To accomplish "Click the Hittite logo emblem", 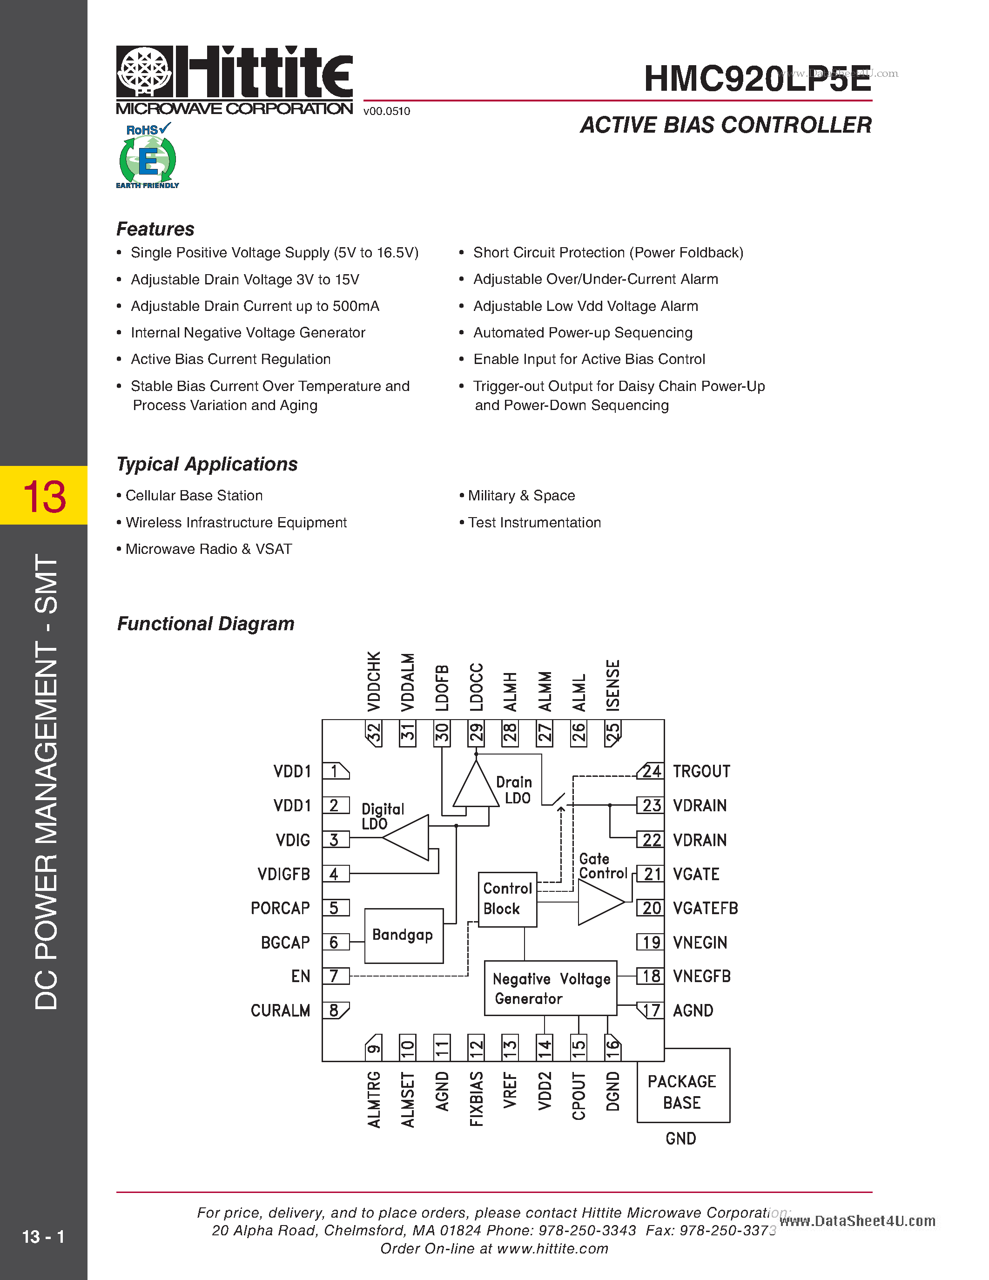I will click(x=144, y=72).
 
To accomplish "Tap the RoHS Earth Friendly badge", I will click(x=148, y=156).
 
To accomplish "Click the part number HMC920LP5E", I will click(x=757, y=79).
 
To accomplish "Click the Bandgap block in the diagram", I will click(x=403, y=936).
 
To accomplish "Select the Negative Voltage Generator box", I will click(x=550, y=988).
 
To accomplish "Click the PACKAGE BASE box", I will click(x=683, y=1091).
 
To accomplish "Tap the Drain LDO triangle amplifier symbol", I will click(x=476, y=787).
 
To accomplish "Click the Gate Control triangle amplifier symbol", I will click(x=599, y=902).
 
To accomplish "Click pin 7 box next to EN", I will click(x=335, y=976).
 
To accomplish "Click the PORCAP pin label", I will click(x=280, y=909).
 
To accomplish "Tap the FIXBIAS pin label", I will click(x=476, y=1099).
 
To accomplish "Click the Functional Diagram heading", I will click(x=206, y=624).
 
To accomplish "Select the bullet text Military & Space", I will click(x=521, y=496).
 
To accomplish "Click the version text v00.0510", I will click(x=387, y=111).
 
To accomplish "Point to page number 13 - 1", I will click(x=43, y=1237).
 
